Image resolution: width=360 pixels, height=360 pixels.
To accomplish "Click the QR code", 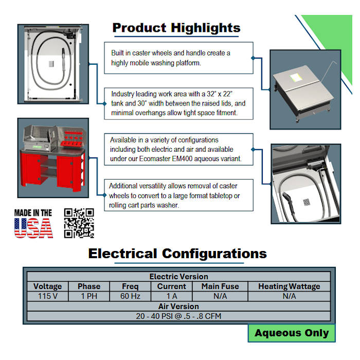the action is [x=79, y=223].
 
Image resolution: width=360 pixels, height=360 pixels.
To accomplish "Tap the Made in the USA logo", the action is [x=33, y=223].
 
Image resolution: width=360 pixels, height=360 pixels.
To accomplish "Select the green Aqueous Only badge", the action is [x=292, y=333].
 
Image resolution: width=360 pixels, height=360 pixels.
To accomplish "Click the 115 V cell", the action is [x=47, y=296].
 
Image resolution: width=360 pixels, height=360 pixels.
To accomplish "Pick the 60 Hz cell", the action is [x=130, y=296].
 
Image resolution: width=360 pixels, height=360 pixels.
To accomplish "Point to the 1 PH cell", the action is [x=89, y=296].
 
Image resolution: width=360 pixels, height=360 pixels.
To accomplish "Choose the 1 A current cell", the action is [x=171, y=296].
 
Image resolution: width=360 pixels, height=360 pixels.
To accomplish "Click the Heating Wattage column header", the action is [x=289, y=286].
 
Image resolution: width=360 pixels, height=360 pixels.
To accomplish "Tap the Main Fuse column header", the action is [x=220, y=286].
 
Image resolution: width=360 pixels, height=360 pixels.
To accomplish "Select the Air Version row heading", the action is [x=178, y=307].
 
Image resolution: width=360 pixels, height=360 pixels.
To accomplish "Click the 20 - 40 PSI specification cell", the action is [x=178, y=316].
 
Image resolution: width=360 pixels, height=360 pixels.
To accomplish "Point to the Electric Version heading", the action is [x=178, y=277].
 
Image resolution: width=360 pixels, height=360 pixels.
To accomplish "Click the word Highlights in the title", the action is [x=206, y=28].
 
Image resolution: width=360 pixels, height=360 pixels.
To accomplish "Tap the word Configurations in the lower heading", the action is [x=214, y=254].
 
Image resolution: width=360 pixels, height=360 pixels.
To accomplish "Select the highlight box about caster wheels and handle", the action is [x=178, y=58].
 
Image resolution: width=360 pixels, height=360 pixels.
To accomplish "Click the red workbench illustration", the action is [x=53, y=158].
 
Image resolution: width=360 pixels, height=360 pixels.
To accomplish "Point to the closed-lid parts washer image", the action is [x=305, y=90].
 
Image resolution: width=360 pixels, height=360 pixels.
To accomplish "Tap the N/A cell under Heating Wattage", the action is [x=289, y=296].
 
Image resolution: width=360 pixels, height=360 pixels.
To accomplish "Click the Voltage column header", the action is [x=47, y=286].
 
